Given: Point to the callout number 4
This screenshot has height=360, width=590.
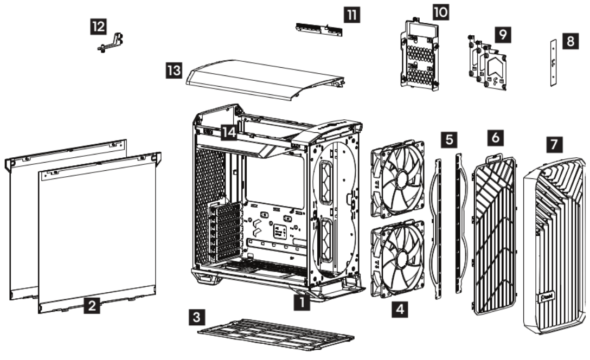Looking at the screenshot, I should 400,310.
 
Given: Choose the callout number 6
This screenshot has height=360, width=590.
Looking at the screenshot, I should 494,138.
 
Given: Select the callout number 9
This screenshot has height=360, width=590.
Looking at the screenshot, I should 503,34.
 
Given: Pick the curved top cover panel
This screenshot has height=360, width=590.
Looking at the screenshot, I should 266,80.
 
